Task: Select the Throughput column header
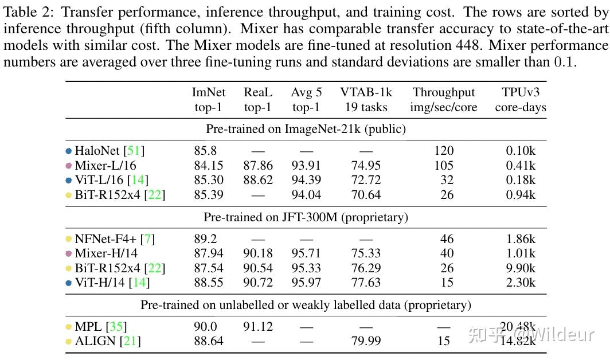[444, 99]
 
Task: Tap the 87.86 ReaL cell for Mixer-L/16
[258, 166]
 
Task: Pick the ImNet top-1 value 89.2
[205, 239]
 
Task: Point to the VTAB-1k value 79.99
[366, 342]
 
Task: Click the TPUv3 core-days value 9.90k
[518, 268]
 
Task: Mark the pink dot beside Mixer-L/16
[68, 166]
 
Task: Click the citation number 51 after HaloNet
[134, 151]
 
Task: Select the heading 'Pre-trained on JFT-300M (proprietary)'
[306, 217]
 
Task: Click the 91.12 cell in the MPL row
[258, 327]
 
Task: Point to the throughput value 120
[444, 151]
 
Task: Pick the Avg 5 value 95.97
[306, 283]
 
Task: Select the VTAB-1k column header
[366, 99]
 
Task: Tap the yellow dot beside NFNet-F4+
[68, 239]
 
